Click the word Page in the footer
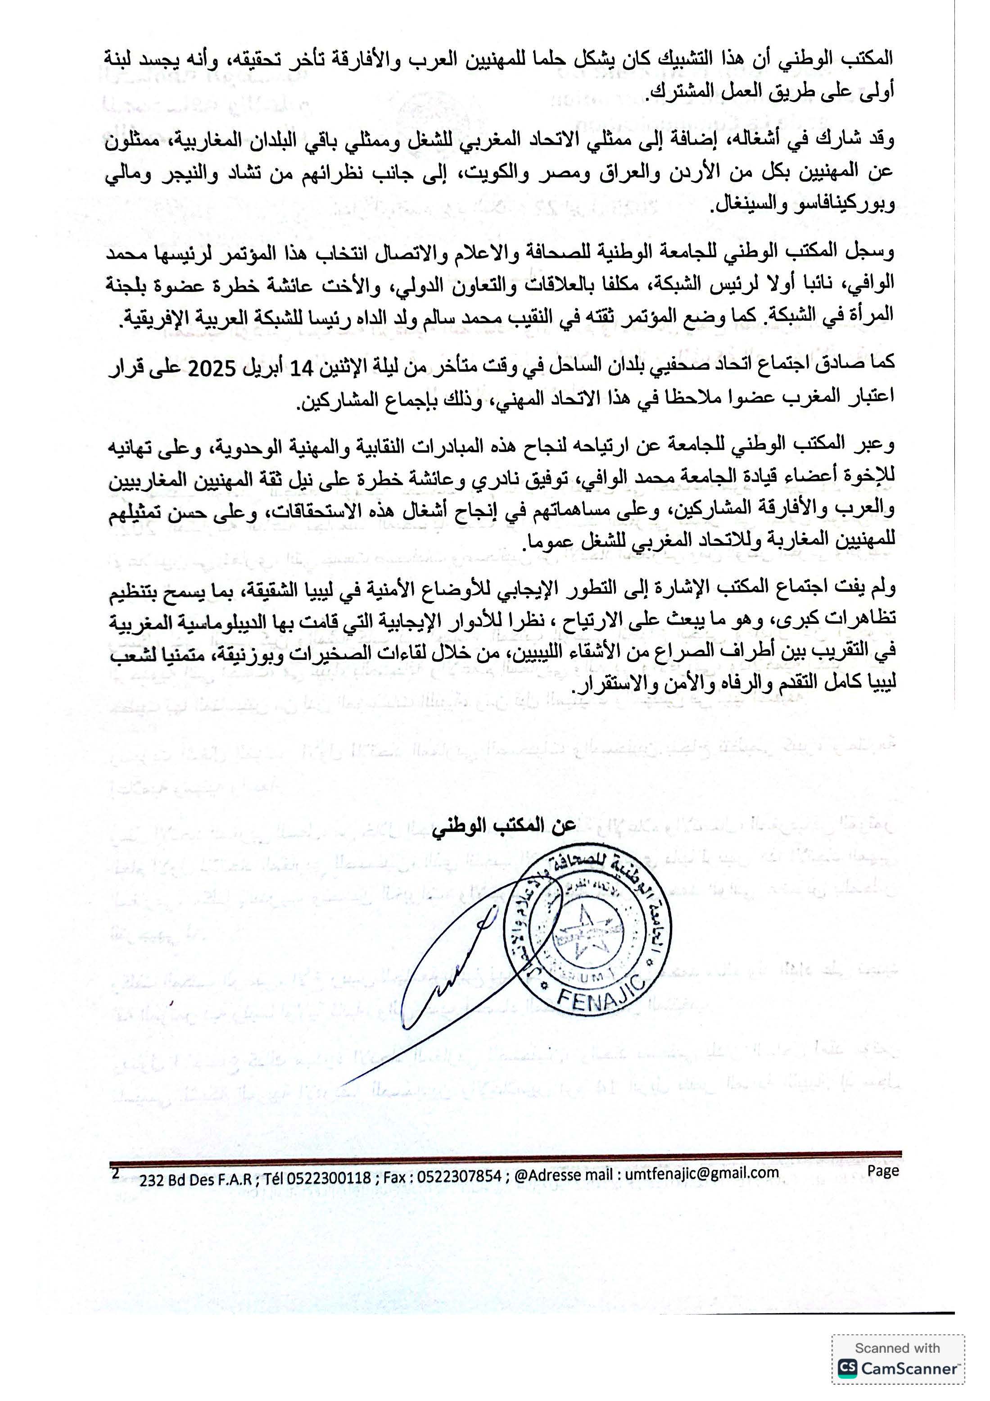click(x=883, y=1170)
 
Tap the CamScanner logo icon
click(x=847, y=1368)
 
